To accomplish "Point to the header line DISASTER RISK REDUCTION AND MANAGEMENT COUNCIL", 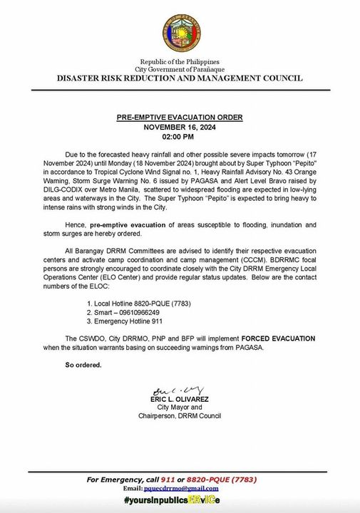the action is [x=180, y=78].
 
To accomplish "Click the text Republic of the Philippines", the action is [x=180, y=63].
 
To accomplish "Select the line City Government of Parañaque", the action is [x=180, y=70].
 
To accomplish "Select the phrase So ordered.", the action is [x=83, y=366].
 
